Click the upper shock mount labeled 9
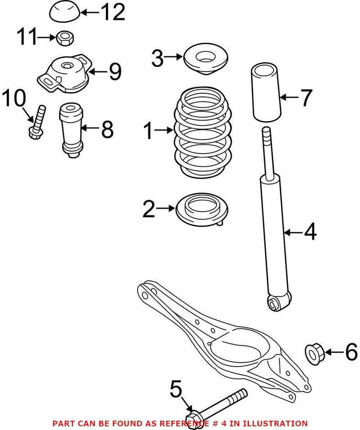coord(66,74)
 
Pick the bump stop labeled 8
coord(70,130)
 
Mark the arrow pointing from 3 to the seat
coord(173,57)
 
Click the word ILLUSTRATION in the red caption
coord(278,423)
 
